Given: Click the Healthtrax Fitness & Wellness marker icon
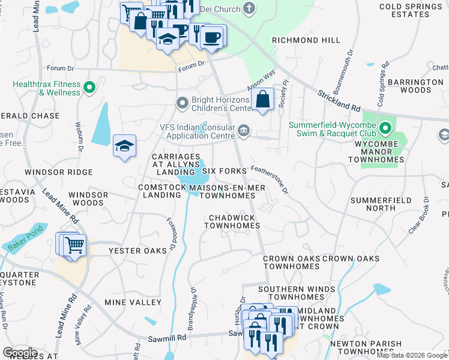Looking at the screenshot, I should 89,88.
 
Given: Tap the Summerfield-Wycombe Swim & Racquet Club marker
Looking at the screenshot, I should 386,128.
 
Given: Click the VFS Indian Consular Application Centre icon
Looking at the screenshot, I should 244,130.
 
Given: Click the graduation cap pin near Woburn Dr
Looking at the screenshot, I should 124,146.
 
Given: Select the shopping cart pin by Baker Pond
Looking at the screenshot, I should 73,244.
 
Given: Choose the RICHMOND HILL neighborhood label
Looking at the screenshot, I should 306,40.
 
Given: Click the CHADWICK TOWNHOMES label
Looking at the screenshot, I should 232,221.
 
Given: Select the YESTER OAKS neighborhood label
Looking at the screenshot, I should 137,251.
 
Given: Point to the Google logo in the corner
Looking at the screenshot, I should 20,353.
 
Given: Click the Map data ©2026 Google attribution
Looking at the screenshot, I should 411,355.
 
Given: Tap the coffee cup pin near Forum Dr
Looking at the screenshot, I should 210,37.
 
